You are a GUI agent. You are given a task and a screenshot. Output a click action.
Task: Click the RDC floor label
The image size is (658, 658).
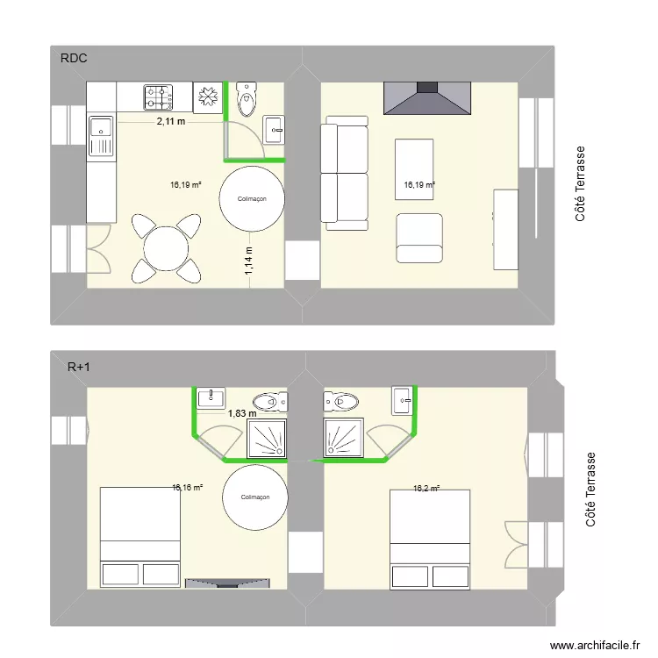(74, 59)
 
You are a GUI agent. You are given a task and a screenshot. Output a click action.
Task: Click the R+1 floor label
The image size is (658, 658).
(79, 368)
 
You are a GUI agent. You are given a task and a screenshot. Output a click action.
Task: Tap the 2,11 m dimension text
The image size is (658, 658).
(171, 122)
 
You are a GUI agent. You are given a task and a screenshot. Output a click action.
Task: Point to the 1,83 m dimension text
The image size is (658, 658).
(242, 413)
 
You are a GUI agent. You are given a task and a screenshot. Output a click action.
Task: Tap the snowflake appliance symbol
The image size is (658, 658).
(209, 97)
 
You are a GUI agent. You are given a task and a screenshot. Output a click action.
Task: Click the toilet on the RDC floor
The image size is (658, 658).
(247, 99)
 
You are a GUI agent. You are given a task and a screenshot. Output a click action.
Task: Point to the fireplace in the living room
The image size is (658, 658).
(427, 97)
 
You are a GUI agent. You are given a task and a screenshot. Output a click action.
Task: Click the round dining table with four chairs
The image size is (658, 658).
(165, 248)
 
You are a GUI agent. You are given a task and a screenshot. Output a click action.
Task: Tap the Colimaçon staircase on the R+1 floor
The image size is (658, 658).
(254, 497)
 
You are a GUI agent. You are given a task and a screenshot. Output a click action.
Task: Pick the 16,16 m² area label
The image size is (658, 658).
(188, 487)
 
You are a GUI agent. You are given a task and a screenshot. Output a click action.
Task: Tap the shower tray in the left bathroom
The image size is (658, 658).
(268, 438)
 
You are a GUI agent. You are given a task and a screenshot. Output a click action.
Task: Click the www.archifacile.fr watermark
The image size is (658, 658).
(593, 645)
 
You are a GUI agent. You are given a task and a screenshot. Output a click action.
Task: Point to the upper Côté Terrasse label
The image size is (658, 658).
(581, 183)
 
